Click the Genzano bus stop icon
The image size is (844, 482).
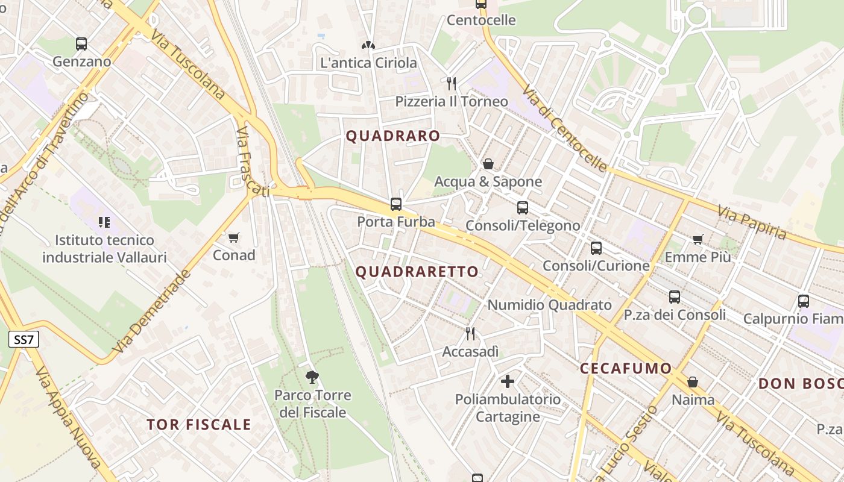click(81, 44)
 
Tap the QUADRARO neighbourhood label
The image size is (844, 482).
click(393, 136)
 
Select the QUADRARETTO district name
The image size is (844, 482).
click(417, 272)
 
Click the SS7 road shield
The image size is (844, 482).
click(24, 340)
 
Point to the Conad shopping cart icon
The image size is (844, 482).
click(234, 237)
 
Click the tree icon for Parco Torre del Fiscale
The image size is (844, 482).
click(312, 377)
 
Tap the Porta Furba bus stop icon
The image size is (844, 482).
click(396, 204)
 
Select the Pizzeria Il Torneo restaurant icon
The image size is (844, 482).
click(451, 83)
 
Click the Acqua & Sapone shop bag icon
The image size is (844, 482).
click(488, 164)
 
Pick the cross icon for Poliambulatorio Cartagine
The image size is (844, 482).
click(508, 381)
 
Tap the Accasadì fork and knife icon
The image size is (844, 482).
click(470, 333)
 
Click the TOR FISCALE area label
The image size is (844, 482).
click(199, 425)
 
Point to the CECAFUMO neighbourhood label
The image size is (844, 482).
click(626, 369)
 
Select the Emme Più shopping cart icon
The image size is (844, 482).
click(698, 240)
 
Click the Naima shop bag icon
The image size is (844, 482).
click(693, 382)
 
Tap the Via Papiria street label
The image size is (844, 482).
click(752, 222)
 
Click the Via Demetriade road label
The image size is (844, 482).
click(152, 311)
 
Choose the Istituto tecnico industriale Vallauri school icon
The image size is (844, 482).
click(104, 222)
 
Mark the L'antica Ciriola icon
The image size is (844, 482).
click(368, 45)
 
